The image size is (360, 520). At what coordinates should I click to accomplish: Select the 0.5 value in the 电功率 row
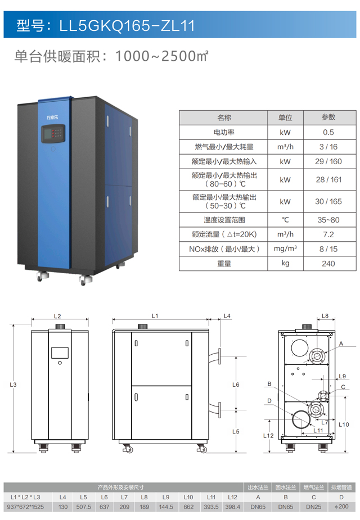click(328, 132)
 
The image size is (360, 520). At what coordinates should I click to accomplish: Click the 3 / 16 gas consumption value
click(328, 147)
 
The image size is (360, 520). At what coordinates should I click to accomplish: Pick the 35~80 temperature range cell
click(328, 220)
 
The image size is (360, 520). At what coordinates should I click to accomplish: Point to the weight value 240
click(328, 263)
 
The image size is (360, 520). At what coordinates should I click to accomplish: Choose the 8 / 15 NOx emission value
click(328, 248)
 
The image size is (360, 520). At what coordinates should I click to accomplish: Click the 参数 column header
click(328, 117)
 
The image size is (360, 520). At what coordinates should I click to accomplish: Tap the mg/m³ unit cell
click(285, 248)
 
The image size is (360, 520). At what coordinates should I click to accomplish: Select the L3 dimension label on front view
click(13, 385)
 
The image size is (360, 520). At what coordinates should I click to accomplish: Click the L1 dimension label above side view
click(155, 316)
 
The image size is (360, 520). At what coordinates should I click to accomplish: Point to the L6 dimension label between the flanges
click(236, 385)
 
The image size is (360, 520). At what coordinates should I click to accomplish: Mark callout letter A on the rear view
click(340, 343)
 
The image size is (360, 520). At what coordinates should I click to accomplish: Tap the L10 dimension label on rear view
click(345, 424)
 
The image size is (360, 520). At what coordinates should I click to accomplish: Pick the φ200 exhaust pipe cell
click(341, 507)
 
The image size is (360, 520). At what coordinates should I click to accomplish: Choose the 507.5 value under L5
click(83, 507)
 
